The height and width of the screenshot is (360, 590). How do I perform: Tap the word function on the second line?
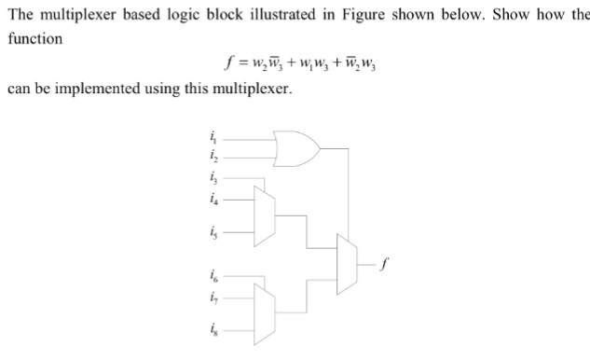pos(34,38)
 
